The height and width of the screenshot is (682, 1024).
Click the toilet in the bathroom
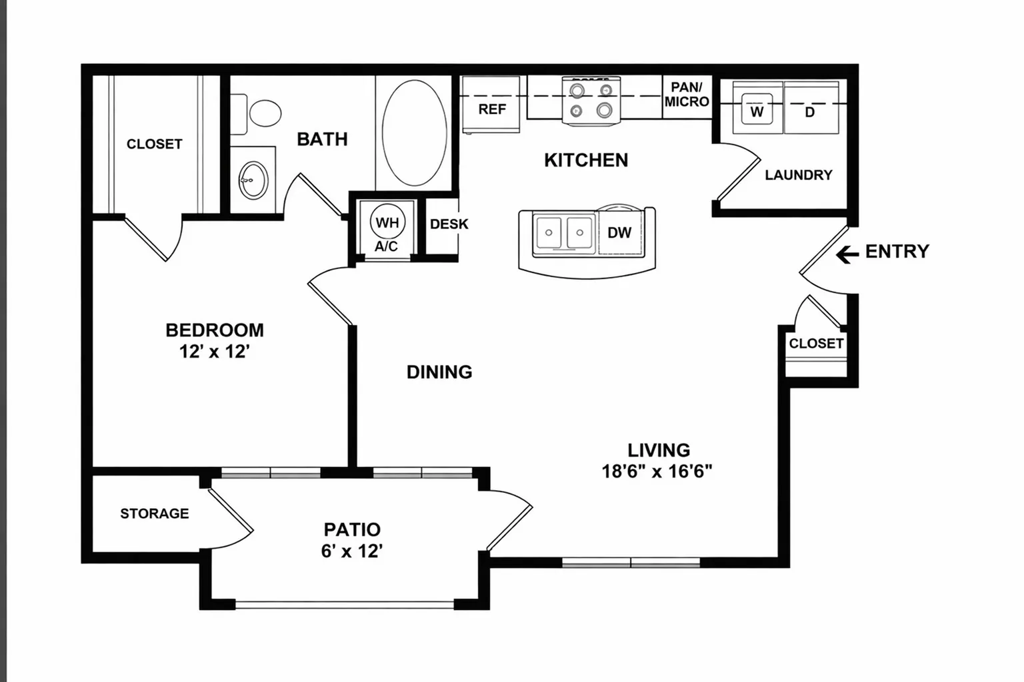(x=255, y=113)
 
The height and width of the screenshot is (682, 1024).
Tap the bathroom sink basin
(x=253, y=180)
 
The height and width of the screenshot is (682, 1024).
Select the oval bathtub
(x=415, y=133)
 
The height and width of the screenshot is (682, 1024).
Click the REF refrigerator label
(x=493, y=109)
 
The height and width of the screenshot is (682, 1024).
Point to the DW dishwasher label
(x=619, y=232)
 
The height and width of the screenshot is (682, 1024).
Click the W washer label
(x=757, y=111)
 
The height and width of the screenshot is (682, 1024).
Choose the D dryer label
(x=809, y=112)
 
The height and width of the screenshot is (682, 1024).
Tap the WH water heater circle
(x=387, y=222)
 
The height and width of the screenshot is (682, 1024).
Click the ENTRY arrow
(x=847, y=254)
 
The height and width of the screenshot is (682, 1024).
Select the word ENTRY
(x=897, y=252)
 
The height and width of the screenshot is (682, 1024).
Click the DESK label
(x=449, y=224)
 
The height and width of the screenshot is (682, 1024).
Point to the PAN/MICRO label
(x=687, y=94)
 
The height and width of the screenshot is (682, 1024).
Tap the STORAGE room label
(x=155, y=513)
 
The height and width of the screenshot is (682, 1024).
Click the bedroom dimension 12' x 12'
(x=215, y=352)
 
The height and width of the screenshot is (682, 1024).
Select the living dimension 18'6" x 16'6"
(x=657, y=471)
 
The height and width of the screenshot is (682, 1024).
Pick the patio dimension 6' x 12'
(x=351, y=551)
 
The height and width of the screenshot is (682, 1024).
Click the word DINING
(x=439, y=372)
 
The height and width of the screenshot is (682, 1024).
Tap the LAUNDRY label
(x=799, y=175)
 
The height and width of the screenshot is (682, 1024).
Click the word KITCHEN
(x=586, y=161)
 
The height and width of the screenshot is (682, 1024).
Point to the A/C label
(x=386, y=246)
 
